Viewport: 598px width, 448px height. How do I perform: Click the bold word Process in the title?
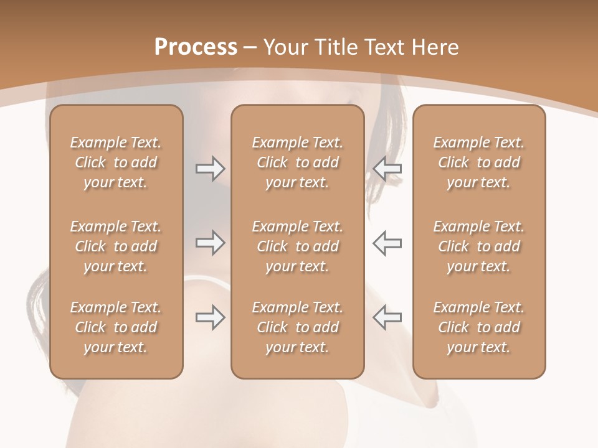(x=196, y=47)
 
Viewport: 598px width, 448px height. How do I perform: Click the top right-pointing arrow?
(x=210, y=169)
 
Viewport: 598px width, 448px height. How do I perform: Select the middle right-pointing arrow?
(x=210, y=243)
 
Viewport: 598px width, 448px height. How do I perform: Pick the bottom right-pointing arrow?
(x=210, y=317)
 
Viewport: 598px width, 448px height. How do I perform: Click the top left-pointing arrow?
(x=387, y=169)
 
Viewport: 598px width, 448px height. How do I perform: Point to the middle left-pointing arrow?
(x=387, y=243)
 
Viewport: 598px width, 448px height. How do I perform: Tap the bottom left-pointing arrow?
(x=387, y=317)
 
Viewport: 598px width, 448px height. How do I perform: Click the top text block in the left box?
(x=116, y=162)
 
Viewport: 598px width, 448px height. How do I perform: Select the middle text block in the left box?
(x=116, y=246)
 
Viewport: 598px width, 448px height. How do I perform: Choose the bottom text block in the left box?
(x=116, y=327)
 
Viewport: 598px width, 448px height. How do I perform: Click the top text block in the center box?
(x=297, y=162)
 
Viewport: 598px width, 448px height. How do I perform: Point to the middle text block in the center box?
(x=297, y=246)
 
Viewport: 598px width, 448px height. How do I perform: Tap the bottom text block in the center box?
(x=297, y=327)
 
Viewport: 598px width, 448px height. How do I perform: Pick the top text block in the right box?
(x=478, y=162)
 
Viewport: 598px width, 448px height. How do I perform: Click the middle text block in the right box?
(x=478, y=246)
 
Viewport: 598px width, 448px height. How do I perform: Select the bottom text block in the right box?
(x=478, y=327)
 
